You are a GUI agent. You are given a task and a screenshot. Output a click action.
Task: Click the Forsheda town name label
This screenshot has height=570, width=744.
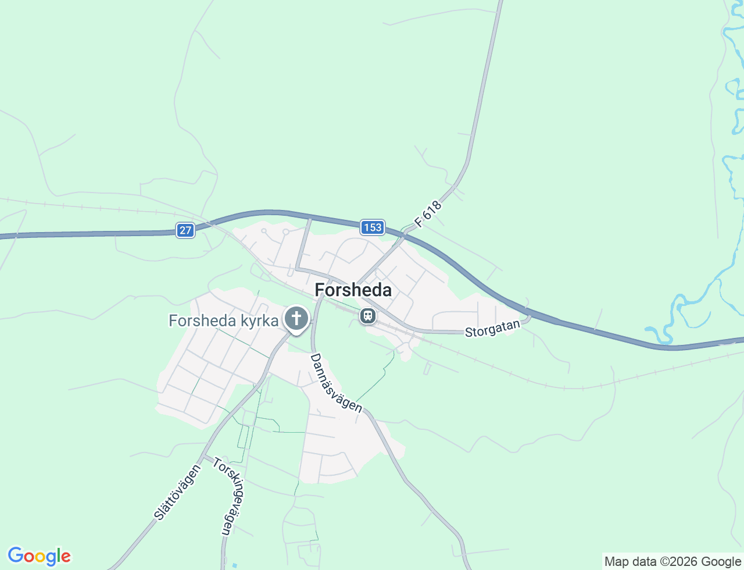[353, 290]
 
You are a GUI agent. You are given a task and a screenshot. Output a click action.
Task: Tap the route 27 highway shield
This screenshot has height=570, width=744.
[185, 230]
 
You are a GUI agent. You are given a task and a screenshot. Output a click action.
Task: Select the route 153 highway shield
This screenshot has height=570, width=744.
[372, 227]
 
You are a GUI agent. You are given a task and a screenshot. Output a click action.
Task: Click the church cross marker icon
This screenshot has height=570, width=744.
[296, 318]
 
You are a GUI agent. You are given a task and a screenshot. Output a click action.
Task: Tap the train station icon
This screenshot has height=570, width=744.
[367, 316]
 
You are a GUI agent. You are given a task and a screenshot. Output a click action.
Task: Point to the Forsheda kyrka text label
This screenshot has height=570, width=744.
[223, 320]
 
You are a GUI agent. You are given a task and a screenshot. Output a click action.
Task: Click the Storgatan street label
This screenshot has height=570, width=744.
[492, 329]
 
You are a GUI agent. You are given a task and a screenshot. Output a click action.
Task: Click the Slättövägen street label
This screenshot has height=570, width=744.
[177, 491]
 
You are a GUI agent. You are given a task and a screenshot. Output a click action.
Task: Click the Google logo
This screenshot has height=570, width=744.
[39, 556]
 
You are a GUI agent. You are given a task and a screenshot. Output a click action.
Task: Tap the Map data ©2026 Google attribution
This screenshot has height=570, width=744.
[673, 561]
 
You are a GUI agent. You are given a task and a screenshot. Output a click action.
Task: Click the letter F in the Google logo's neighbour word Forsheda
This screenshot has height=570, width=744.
[320, 290]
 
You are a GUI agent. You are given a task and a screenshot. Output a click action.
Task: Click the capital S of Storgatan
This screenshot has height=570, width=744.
[468, 333]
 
